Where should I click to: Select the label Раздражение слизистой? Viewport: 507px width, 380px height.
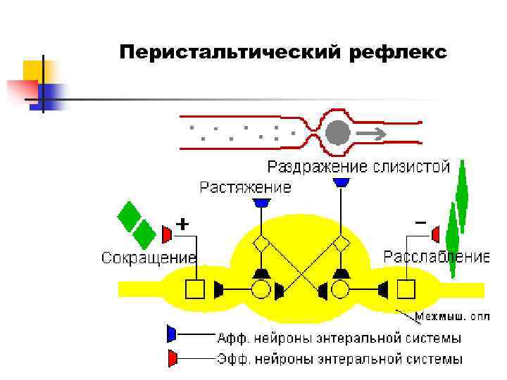tap(358, 167)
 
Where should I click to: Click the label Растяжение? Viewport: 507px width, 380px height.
tap(245, 187)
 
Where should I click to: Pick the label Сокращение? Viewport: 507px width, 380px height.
tap(148, 258)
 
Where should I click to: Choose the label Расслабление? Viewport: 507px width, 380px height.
tap(436, 256)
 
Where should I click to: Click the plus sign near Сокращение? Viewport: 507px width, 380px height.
tap(182, 224)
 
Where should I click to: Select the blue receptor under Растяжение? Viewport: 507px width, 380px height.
tap(262, 202)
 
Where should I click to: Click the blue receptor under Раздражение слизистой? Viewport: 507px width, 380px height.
tap(342, 182)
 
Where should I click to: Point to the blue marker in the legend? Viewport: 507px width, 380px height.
tap(171, 333)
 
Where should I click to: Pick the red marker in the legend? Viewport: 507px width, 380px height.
tap(171, 357)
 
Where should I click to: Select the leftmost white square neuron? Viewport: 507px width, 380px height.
tap(194, 289)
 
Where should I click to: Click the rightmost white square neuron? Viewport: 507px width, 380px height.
tap(406, 289)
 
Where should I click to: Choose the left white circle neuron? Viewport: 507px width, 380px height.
tap(261, 289)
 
